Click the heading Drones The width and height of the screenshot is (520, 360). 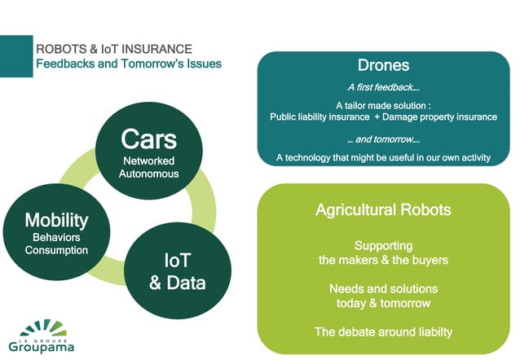(x=383, y=65)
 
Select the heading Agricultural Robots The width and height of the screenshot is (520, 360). (x=383, y=210)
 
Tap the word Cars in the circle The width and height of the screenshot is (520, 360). (x=148, y=139)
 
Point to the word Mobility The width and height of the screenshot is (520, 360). (x=56, y=219)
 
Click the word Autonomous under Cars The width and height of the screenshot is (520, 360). (x=148, y=173)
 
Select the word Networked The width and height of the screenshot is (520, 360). (x=148, y=160)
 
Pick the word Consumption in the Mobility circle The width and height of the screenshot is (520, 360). (x=56, y=250)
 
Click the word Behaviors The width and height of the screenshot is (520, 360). (x=56, y=237)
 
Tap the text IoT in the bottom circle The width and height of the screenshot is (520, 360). (x=177, y=261)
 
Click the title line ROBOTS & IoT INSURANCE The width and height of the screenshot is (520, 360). (x=114, y=50)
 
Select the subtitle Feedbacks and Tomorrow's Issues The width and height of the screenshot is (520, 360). (x=128, y=64)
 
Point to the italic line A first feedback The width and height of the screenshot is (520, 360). (x=383, y=88)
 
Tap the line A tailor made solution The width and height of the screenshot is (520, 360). (x=383, y=106)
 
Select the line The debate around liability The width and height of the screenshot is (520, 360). (x=383, y=331)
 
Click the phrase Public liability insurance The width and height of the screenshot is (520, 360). (x=319, y=116)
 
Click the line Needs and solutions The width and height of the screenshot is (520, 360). (x=383, y=289)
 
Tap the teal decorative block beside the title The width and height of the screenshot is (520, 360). (x=15, y=55)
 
